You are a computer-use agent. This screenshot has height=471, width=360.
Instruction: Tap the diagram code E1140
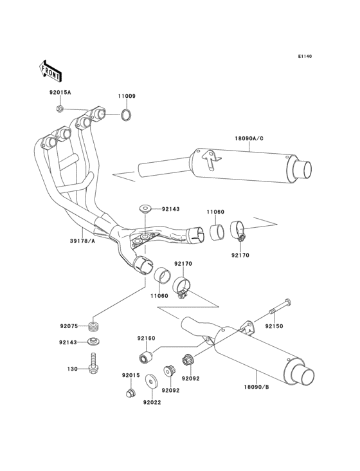(304, 57)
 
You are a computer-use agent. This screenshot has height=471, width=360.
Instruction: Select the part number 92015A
(60, 93)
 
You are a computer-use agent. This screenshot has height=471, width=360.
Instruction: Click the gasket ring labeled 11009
(128, 116)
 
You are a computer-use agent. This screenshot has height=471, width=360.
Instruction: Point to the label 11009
(127, 96)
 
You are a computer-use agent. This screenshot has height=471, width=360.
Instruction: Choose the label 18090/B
(256, 387)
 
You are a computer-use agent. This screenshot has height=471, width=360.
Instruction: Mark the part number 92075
(69, 326)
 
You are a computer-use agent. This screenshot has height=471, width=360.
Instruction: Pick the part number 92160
(146, 338)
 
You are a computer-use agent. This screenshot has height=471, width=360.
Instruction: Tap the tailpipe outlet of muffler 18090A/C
(302, 170)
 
